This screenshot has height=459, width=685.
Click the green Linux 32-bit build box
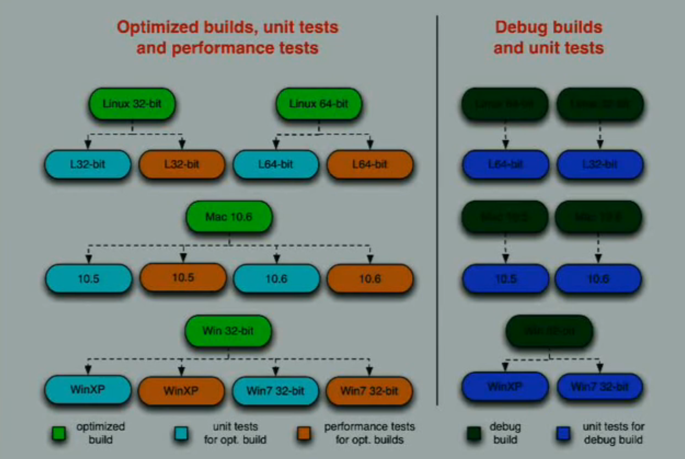point(132,103)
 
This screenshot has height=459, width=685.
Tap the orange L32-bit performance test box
point(181,163)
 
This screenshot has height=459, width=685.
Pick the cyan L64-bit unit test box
point(276,163)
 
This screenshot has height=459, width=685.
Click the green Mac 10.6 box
point(229,216)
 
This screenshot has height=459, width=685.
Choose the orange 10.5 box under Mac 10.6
point(183,277)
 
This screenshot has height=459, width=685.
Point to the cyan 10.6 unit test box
point(276,278)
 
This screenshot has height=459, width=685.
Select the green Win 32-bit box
point(229,331)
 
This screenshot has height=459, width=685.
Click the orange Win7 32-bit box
point(369,391)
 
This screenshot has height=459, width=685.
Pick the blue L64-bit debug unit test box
point(505,164)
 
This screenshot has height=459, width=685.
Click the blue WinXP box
point(505,386)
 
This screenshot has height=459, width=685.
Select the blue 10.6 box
point(598,278)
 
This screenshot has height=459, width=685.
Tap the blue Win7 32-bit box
point(599,386)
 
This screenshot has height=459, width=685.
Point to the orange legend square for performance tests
point(303,434)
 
